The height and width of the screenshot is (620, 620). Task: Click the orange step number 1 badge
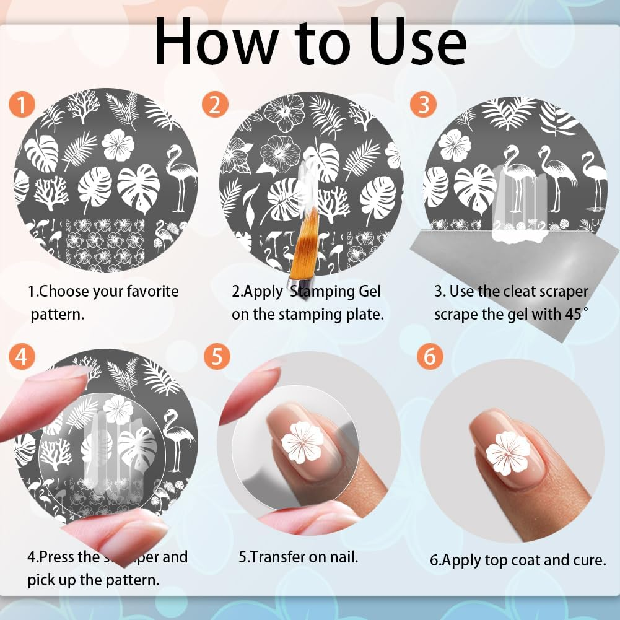click(22, 105)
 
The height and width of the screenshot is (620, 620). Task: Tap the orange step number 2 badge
click(215, 105)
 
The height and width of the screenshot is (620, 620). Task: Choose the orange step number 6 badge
click(429, 357)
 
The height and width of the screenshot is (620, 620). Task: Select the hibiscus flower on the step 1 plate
click(117, 145)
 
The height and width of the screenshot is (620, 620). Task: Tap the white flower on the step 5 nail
click(302, 442)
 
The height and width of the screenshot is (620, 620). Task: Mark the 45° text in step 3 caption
click(572, 314)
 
